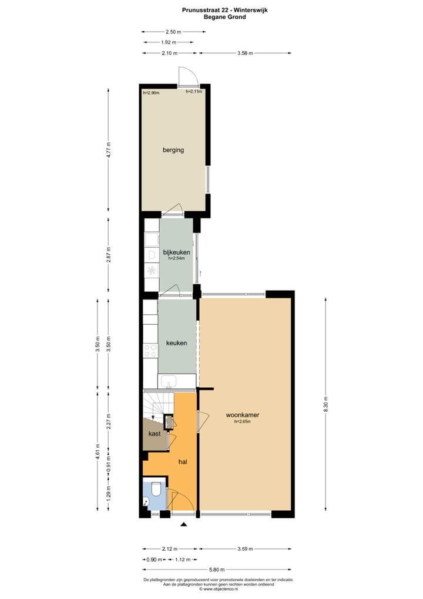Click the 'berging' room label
pyautogui.click(x=173, y=150)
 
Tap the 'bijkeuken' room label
pyautogui.click(x=176, y=252)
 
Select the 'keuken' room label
pyautogui.click(x=176, y=343)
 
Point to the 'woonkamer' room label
pyautogui.click(x=243, y=415)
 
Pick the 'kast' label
pyautogui.click(x=155, y=434)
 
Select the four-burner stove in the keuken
pyautogui.click(x=151, y=351)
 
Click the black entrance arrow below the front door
pyautogui.click(x=184, y=524)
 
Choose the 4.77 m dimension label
pyautogui.click(x=108, y=151)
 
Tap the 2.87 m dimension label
pyautogui.click(x=108, y=255)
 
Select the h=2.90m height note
pyautogui.click(x=152, y=93)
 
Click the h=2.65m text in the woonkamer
pyautogui.click(x=243, y=421)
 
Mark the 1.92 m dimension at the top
pyautogui.click(x=169, y=42)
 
